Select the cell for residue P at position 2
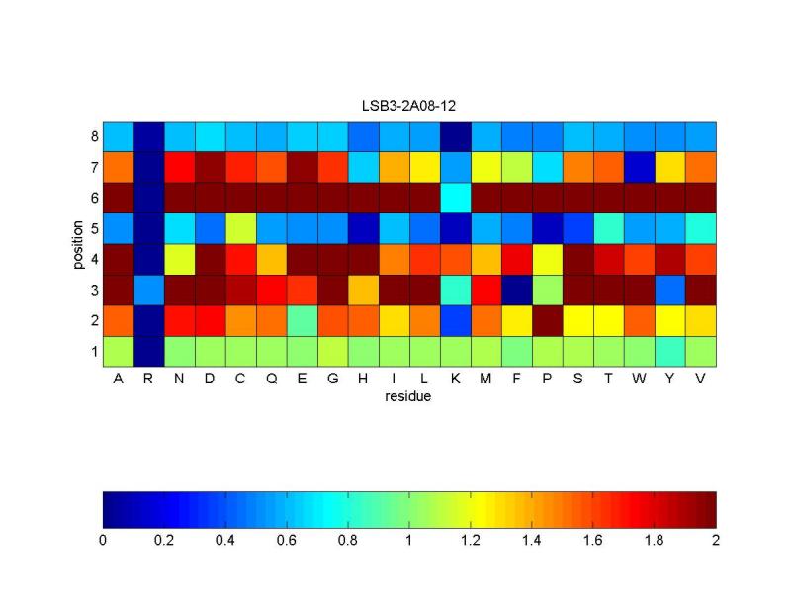(x=548, y=320)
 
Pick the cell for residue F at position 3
(x=517, y=290)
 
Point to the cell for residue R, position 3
(x=149, y=290)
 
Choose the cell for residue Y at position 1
(x=670, y=351)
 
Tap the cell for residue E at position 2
(x=303, y=320)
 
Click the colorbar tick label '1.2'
(x=471, y=541)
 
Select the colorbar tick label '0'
(x=103, y=541)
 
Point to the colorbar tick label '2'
(x=716, y=541)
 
